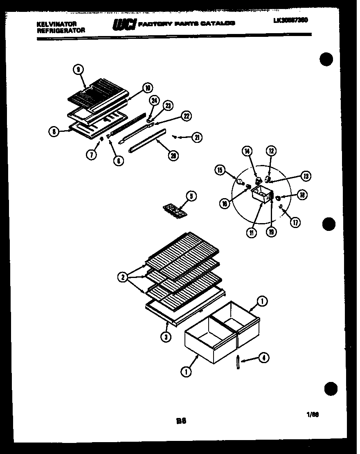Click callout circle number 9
coord(77,70)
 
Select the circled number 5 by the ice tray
coord(190,196)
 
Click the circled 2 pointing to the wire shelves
coord(122,278)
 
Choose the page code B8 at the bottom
coord(181,420)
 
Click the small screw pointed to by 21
coord(175,136)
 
